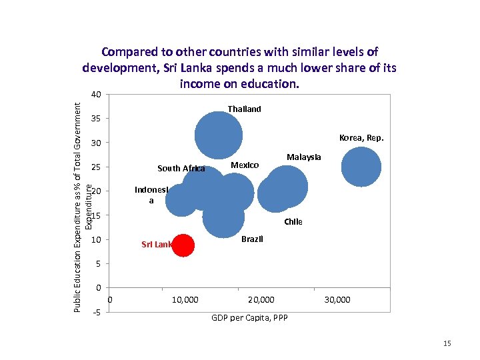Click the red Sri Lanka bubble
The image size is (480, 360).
click(x=183, y=245)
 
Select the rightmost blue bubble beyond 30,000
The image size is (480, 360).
click(x=361, y=167)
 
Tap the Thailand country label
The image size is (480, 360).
click(x=244, y=109)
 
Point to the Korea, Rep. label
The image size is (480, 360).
click(x=361, y=138)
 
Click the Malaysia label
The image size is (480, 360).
click(x=303, y=157)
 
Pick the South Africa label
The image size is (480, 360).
click(x=181, y=168)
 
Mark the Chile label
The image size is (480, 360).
click(x=293, y=222)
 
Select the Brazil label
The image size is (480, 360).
click(x=252, y=239)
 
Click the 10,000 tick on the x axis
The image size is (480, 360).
click(x=185, y=300)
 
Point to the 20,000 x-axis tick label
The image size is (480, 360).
click(x=261, y=300)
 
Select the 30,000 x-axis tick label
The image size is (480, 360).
click(x=337, y=300)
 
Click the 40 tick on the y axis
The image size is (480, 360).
click(x=96, y=95)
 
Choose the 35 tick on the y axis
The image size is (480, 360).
click(x=96, y=119)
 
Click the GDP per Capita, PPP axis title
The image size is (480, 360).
click(x=250, y=318)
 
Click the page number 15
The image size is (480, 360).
click(x=447, y=343)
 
